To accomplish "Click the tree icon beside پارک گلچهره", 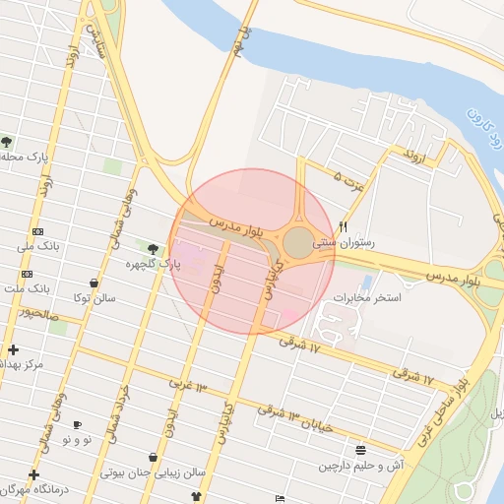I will coord(152,248).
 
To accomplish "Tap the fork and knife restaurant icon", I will coord(343,225).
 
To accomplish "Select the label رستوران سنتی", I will coord(337,240).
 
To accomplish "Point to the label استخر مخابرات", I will coord(366,297).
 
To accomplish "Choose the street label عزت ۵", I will coord(349,178).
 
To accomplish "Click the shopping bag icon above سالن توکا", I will coord(94,283).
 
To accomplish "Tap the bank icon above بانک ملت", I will coord(26,274).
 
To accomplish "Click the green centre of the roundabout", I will coord(298,242).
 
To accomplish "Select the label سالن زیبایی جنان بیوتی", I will coord(155,472).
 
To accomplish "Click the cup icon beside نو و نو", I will coord(78,424).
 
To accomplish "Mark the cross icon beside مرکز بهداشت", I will coord(13,349).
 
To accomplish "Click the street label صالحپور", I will coord(37,315).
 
